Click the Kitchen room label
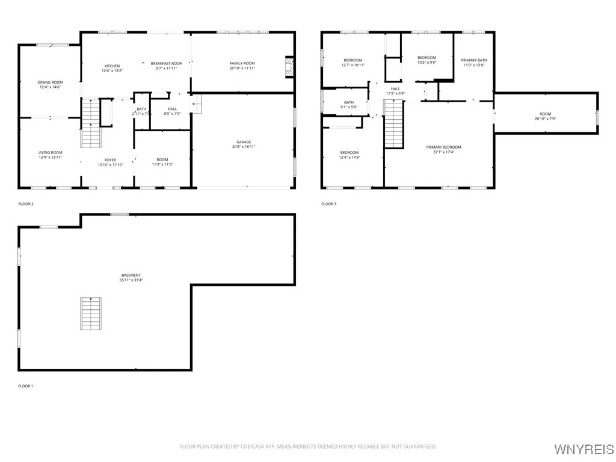click(x=112, y=66)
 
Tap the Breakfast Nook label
click(x=167, y=63)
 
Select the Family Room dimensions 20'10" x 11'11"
click(x=242, y=68)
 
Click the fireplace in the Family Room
click(x=290, y=67)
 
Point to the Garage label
click(x=244, y=142)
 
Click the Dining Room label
click(x=50, y=82)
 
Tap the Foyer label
click(x=110, y=160)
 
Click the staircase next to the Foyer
click(x=90, y=123)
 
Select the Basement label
click(x=131, y=275)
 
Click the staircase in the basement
click(x=90, y=313)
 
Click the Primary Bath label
click(x=473, y=60)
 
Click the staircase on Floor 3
click(x=393, y=123)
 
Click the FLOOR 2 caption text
click(x=26, y=204)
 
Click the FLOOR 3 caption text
click(x=328, y=204)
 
